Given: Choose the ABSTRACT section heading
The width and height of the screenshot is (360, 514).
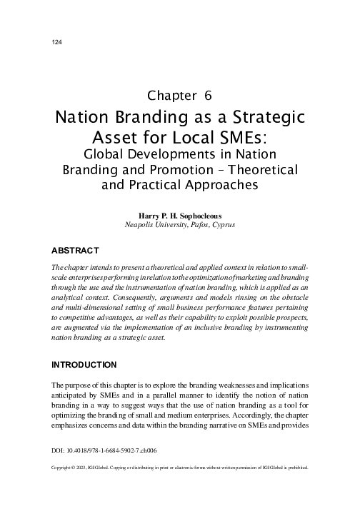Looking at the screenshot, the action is [x=75, y=251].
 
